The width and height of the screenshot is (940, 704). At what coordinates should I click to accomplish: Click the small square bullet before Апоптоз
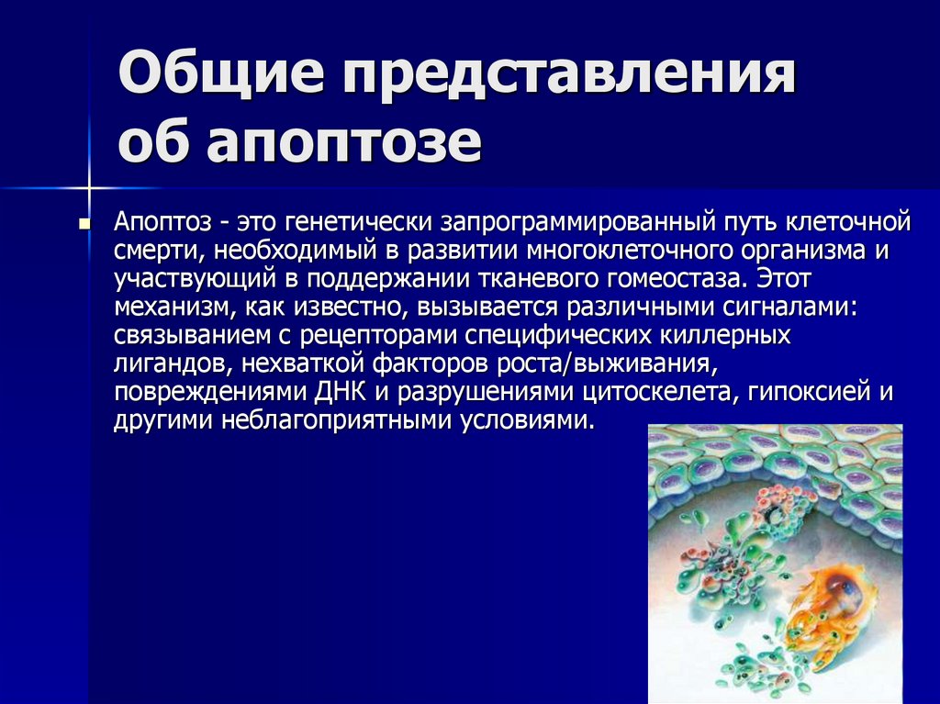coord(84,224)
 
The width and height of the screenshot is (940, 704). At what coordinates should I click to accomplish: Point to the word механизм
coord(167,307)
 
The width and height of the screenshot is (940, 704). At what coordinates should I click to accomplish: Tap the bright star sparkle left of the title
coord(92,189)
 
